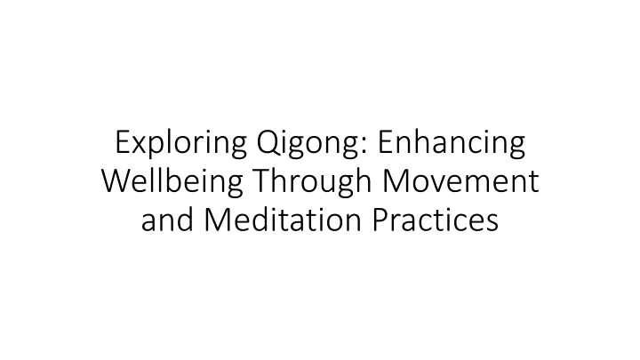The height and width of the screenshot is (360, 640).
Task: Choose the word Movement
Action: (460, 181)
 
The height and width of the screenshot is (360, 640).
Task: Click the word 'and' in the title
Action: (167, 220)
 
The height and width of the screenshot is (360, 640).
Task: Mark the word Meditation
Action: (283, 220)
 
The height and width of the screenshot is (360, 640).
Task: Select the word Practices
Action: (435, 220)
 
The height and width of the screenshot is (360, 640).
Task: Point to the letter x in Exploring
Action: (140, 146)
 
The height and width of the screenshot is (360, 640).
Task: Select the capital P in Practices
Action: (380, 220)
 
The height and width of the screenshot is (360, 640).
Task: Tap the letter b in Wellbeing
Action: (169, 180)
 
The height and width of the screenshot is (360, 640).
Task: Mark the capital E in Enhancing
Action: (386, 142)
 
